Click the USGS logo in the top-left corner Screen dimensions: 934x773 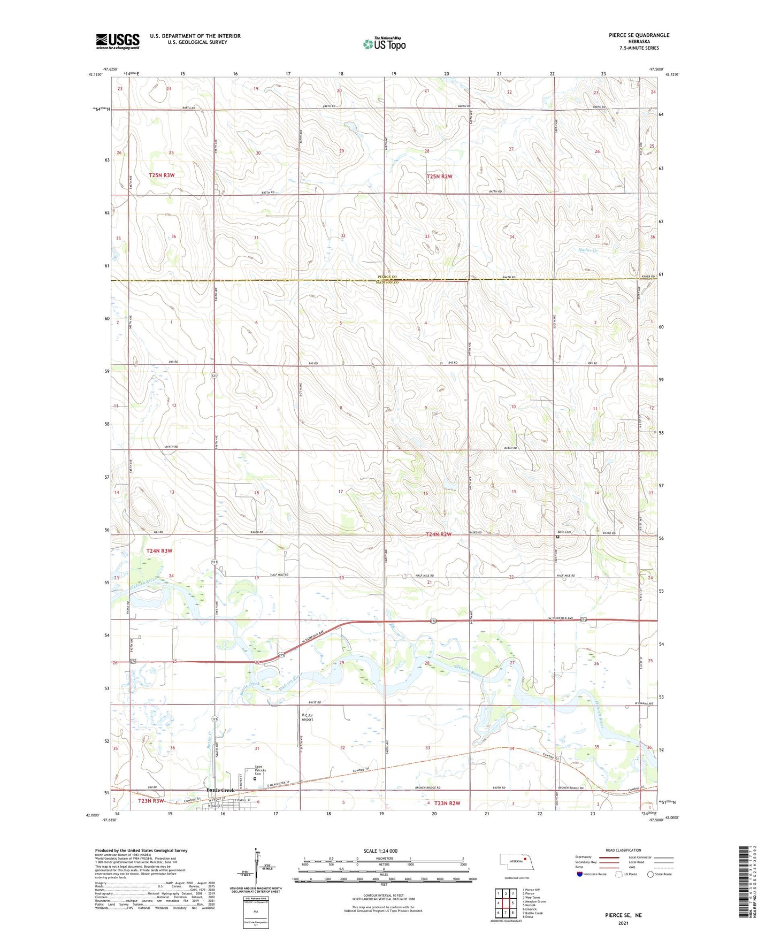pyautogui.click(x=118, y=41)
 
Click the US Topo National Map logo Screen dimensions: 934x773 pyautogui.click(x=384, y=44)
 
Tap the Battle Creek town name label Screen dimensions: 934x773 pyautogui.click(x=220, y=791)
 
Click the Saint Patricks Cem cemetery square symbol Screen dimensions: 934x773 pyautogui.click(x=255, y=779)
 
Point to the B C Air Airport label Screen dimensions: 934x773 pyautogui.click(x=307, y=717)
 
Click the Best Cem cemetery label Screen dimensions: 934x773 pyautogui.click(x=564, y=532)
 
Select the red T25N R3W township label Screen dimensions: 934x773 pyautogui.click(x=162, y=175)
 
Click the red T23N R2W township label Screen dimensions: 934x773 pyautogui.click(x=447, y=803)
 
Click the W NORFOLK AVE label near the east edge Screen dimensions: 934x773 pyautogui.click(x=560, y=619)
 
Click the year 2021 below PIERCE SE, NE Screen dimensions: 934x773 pyautogui.click(x=623, y=923)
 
